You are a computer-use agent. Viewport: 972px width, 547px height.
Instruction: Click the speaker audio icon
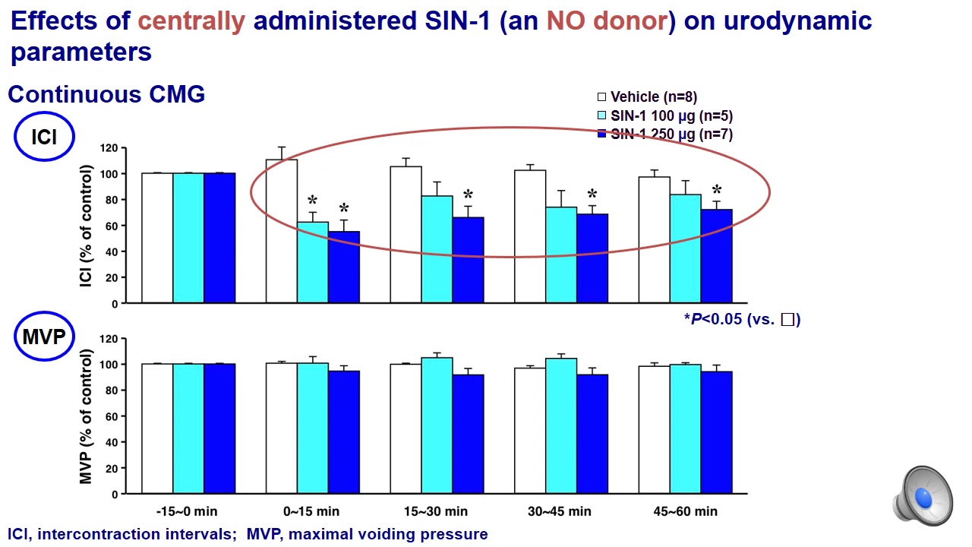click(923, 496)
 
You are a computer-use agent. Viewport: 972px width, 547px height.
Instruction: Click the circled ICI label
click(44, 138)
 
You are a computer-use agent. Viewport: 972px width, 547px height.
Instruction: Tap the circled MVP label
click(44, 337)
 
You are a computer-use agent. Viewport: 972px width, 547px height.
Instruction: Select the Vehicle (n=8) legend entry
click(647, 96)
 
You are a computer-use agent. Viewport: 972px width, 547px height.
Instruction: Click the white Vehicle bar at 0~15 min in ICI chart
click(281, 231)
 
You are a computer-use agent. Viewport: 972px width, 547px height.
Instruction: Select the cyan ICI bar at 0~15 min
click(312, 262)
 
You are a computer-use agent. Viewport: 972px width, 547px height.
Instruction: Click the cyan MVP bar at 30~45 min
click(560, 425)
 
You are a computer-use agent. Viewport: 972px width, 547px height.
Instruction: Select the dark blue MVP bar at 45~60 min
click(716, 432)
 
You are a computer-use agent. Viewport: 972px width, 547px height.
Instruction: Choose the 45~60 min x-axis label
click(685, 511)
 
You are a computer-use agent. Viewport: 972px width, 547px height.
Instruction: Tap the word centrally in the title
click(191, 21)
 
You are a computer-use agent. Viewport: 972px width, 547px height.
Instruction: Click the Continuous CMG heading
click(106, 94)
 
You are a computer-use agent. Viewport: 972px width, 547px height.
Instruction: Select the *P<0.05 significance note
click(741, 319)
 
